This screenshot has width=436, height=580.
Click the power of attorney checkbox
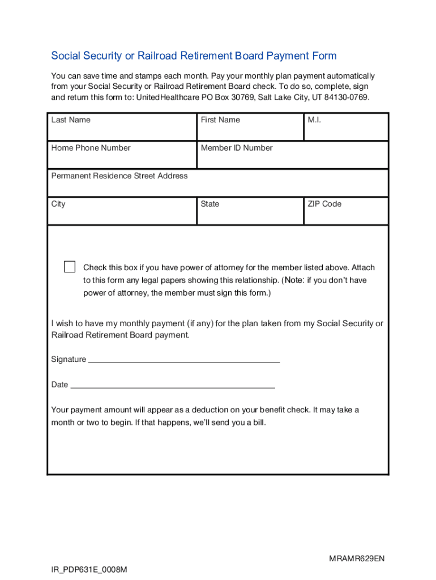tap(70, 267)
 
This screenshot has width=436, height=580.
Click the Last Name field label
tap(71, 120)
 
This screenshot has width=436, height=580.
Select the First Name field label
tap(220, 120)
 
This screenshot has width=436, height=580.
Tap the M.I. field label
tap(314, 120)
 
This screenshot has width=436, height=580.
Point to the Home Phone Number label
tap(91, 148)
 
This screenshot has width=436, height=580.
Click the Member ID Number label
tap(236, 148)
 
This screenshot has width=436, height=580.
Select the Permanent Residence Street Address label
tap(119, 176)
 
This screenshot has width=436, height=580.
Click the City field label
tap(58, 204)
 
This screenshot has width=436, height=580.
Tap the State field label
tap(210, 204)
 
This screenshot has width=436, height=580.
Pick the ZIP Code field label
tap(324, 204)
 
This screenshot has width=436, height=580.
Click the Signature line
tap(184, 360)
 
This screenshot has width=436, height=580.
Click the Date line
tap(172, 386)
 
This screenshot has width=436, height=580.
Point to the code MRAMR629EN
tap(357, 559)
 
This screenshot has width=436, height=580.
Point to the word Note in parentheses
tap(294, 280)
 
